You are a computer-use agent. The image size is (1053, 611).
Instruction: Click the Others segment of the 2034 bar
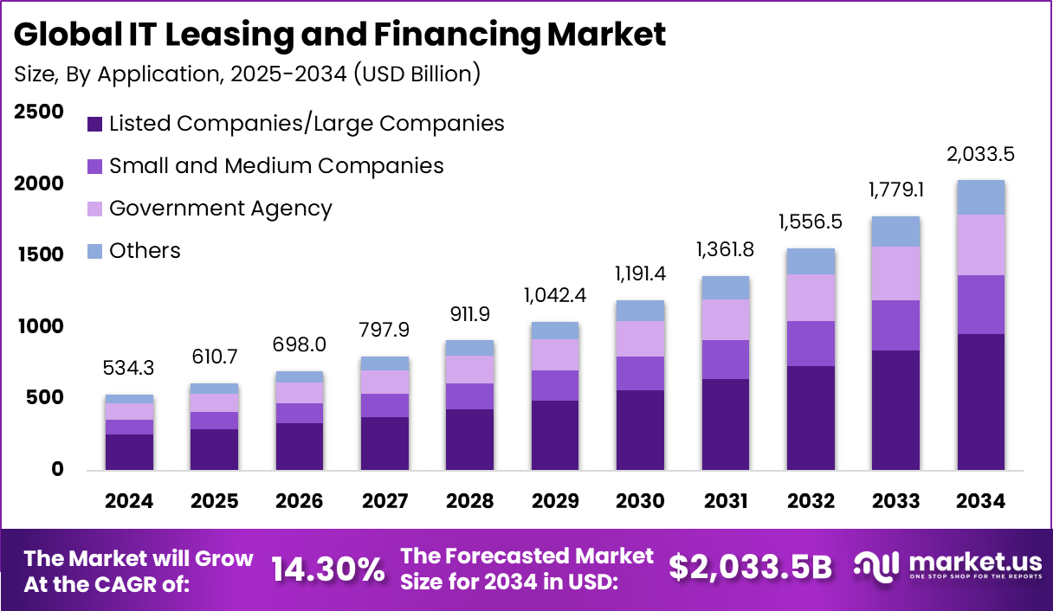[x=980, y=197]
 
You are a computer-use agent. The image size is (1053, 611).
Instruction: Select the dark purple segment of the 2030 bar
[x=640, y=429]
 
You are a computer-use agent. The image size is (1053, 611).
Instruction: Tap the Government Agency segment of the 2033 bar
[x=895, y=273]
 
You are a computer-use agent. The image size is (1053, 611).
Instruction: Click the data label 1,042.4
[x=554, y=295]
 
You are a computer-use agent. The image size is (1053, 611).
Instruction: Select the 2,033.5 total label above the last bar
[x=980, y=155]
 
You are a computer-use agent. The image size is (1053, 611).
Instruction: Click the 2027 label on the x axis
[x=384, y=501]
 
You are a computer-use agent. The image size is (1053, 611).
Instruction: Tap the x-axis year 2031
[x=726, y=501]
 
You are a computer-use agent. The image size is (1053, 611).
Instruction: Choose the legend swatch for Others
[x=95, y=251]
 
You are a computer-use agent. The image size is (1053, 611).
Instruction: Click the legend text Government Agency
[x=220, y=209]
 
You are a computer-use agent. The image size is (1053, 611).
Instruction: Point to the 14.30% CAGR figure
[x=327, y=569]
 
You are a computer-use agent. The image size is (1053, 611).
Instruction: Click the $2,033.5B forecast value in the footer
[x=750, y=567]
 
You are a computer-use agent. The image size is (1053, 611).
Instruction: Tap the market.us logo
[x=944, y=567]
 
